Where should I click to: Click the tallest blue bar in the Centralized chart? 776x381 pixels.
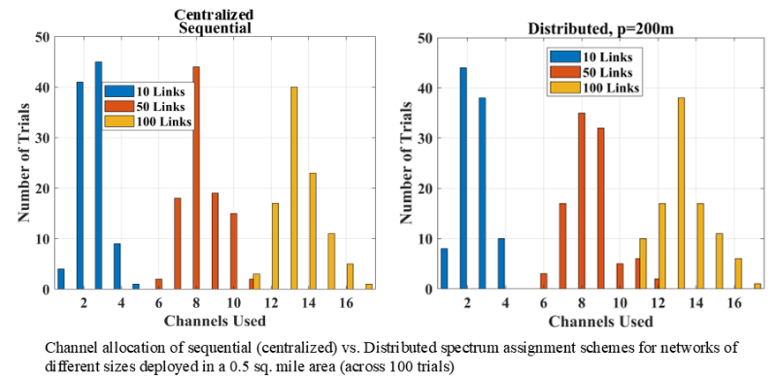[98, 176]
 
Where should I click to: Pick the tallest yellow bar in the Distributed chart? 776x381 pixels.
[682, 193]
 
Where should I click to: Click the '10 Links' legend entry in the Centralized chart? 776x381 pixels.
[147, 90]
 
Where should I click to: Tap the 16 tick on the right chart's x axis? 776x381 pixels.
[735, 302]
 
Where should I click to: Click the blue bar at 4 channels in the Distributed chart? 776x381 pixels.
[501, 264]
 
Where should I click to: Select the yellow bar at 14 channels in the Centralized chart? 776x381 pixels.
[313, 231]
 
